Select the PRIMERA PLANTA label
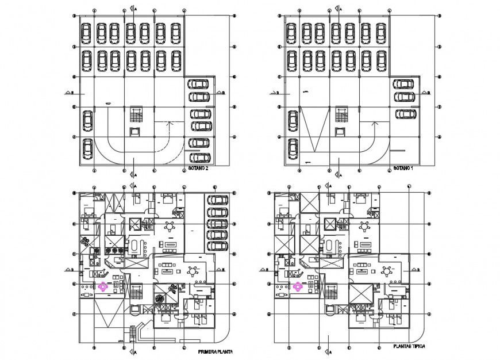point(214,351)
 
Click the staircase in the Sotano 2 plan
point(136,113)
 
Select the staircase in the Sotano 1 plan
point(341,113)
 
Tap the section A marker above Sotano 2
point(133,9)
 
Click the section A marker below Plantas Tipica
point(328,351)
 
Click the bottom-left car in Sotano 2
point(87,148)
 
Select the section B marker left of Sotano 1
point(274,92)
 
